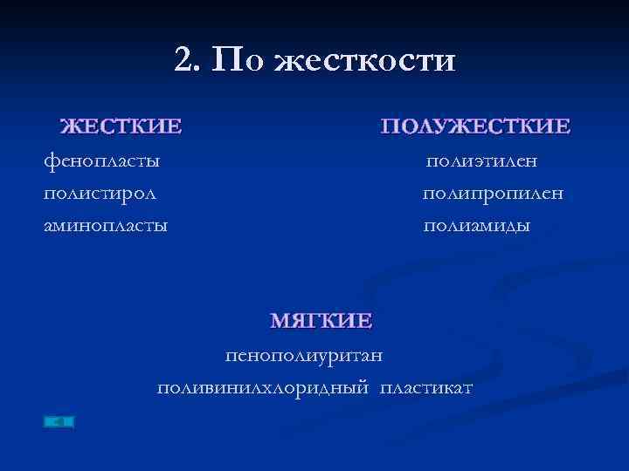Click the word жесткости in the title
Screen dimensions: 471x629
(365, 61)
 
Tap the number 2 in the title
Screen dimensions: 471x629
(183, 60)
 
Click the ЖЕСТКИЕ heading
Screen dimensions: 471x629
(121, 126)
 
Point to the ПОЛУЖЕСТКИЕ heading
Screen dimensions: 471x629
(476, 126)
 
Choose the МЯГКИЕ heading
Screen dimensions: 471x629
(321, 320)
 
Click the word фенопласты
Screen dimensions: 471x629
(101, 160)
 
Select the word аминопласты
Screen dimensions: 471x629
(106, 226)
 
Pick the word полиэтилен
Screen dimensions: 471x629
(481, 160)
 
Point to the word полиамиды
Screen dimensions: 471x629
(477, 226)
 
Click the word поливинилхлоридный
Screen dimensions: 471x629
(262, 386)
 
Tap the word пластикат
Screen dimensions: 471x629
(426, 386)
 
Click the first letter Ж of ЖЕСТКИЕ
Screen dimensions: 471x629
(69, 126)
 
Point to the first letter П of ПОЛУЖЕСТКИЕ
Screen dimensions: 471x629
(390, 126)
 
